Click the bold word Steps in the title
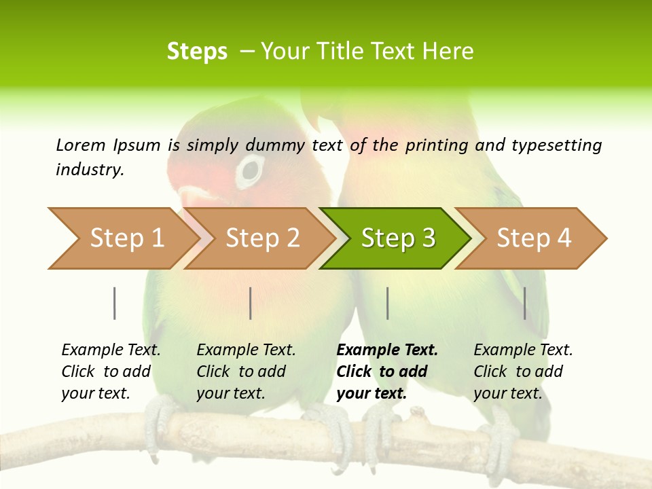197,52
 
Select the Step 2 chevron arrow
261,238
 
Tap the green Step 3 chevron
397,238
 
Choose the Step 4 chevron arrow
532,238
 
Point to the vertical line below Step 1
114,303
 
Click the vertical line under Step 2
251,303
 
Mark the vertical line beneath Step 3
387,303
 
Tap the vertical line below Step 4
525,303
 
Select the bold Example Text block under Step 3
386,372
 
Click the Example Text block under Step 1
111,372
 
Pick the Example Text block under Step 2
246,372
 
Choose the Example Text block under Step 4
523,372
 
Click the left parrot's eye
251,170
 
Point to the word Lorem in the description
81,145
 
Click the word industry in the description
89,170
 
